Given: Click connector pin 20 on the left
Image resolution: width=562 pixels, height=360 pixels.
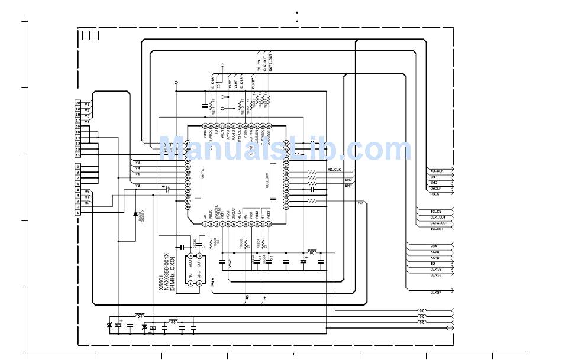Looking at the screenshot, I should [x=77, y=103].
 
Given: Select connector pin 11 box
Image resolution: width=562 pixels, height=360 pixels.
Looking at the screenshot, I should [x=77, y=155].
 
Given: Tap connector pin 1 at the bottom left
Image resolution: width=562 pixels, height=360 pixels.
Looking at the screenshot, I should [x=77, y=213].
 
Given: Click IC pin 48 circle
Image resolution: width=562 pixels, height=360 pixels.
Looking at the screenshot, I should [x=188, y=207].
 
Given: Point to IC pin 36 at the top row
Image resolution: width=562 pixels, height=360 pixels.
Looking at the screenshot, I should [x=205, y=126].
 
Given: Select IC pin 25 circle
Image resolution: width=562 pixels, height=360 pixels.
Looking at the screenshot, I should [x=269, y=126].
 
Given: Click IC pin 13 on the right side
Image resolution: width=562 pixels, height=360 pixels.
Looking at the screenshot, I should [x=286, y=207].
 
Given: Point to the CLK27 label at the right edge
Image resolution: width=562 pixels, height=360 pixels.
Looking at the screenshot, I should [x=436, y=292].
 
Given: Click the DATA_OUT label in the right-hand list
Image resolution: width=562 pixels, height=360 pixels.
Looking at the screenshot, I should [x=438, y=223].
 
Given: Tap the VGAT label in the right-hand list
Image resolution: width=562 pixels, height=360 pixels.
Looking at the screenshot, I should [x=435, y=246].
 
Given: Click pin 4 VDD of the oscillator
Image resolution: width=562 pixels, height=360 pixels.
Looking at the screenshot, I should [x=189, y=256].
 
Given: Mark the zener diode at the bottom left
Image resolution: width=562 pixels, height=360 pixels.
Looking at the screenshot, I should [x=109, y=325].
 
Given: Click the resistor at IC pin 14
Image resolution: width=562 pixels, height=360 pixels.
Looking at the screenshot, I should [x=312, y=201].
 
